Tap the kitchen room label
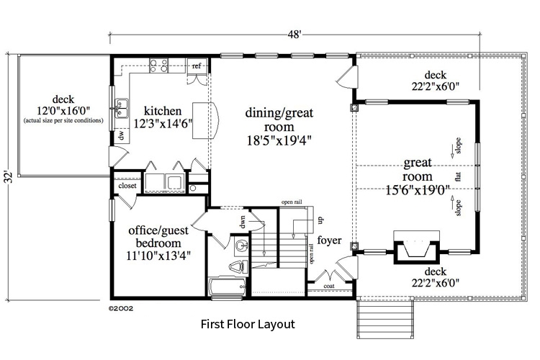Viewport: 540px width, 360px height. (163, 111)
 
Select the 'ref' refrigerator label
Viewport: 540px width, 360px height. (195, 66)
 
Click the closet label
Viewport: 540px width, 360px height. (127, 185)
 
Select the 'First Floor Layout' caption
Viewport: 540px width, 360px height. (248, 325)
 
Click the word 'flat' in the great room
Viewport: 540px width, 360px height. (458, 176)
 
